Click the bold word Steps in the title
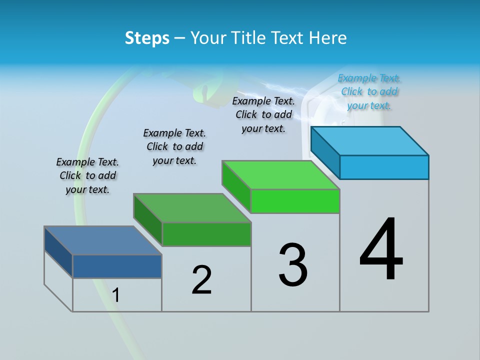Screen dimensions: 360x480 [x=147, y=38]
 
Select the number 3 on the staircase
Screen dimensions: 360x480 [x=293, y=264]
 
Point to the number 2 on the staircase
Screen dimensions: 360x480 [x=202, y=279]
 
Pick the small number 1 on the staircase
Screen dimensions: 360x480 [x=116, y=295]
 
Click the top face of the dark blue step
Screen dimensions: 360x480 [x=103, y=240]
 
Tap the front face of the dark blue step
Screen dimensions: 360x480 [x=117, y=266]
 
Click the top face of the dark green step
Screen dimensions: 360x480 [x=192, y=207]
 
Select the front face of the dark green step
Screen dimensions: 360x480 [x=206, y=234]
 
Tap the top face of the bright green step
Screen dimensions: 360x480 [x=280, y=174]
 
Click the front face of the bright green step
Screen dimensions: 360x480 [x=295, y=201]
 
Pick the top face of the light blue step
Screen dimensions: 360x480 [x=370, y=140]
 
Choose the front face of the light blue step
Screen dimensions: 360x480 [x=384, y=167]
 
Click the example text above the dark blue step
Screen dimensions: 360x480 [x=87, y=175]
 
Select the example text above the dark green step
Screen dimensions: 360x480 [x=174, y=146]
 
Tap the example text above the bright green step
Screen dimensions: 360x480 [x=263, y=114]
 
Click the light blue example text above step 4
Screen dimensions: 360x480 [x=369, y=91]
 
